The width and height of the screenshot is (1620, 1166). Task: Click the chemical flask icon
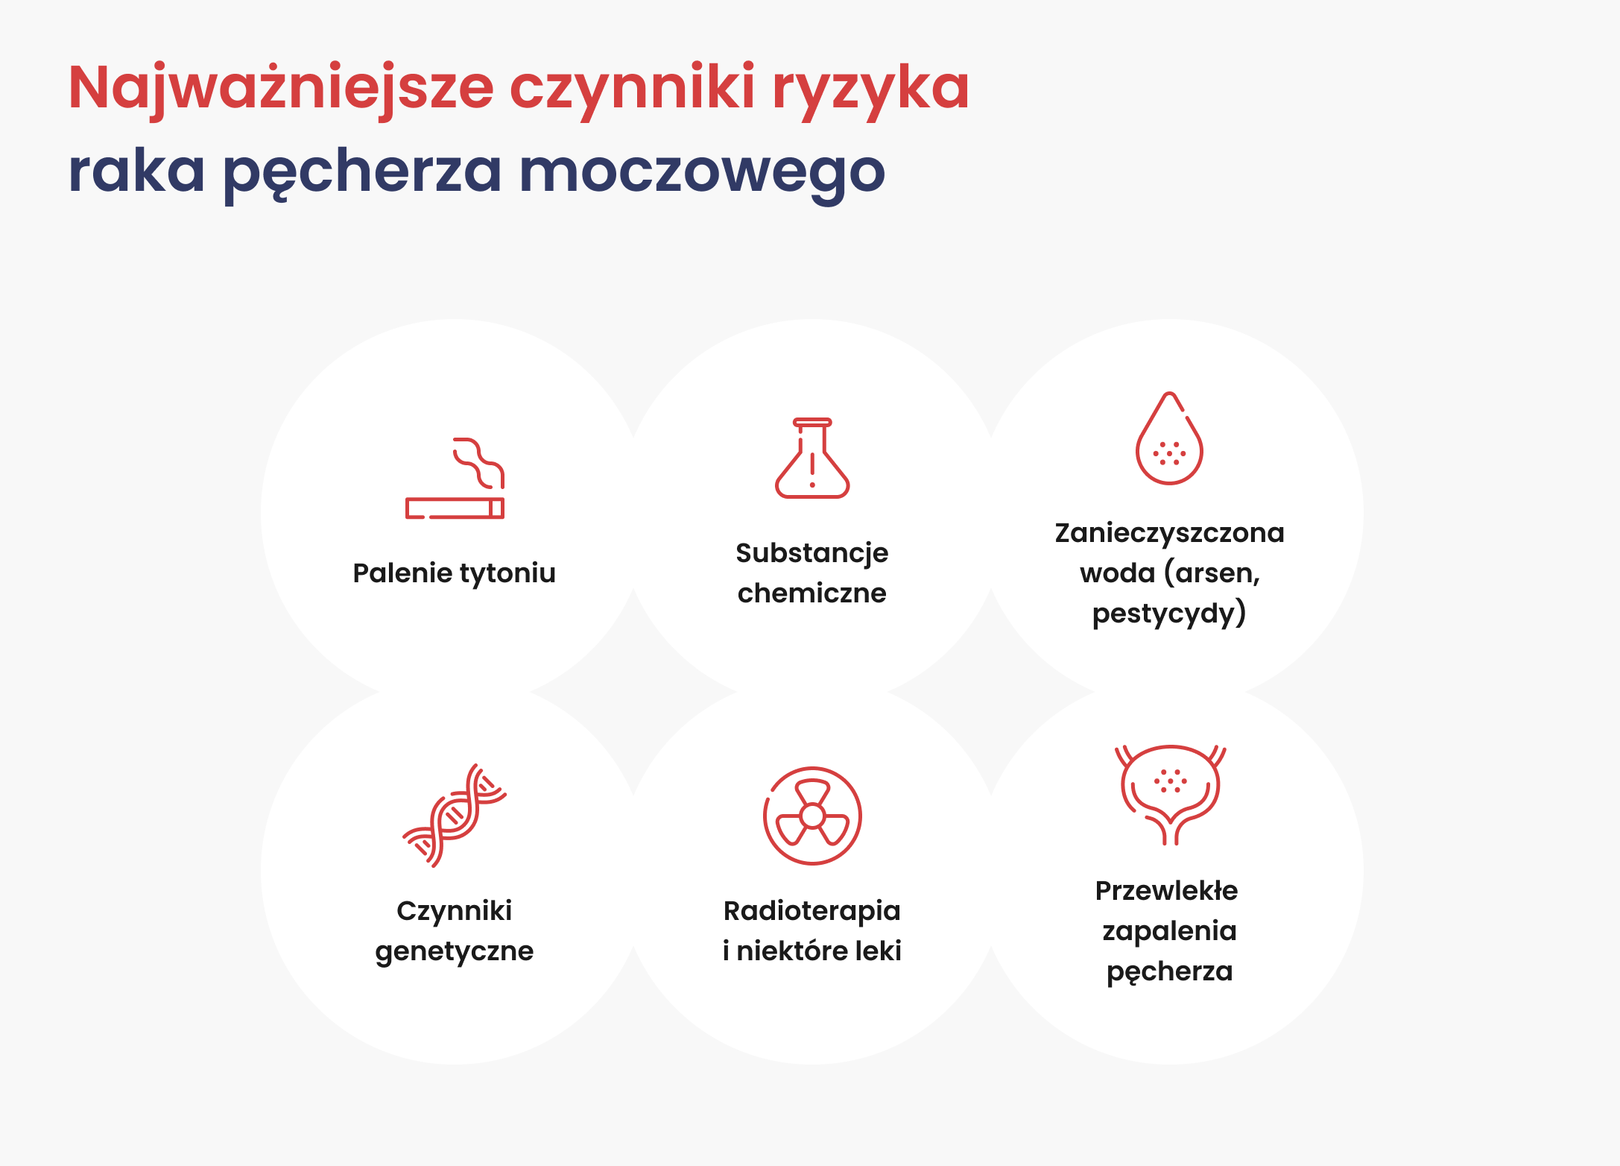(x=812, y=458)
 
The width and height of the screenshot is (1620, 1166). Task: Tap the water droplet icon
(x=1169, y=438)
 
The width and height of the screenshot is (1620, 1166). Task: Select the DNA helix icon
(x=455, y=815)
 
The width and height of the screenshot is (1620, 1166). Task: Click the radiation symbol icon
(x=812, y=816)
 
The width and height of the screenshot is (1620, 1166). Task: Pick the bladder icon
(x=1170, y=794)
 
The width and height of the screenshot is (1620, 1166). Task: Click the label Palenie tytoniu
(x=455, y=573)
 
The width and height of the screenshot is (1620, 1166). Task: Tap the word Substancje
(x=812, y=553)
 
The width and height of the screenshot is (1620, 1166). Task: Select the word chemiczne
(x=812, y=593)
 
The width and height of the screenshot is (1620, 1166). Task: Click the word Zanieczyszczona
(x=1170, y=533)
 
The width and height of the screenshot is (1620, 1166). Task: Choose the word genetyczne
(x=455, y=952)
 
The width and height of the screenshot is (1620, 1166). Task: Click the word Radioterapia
(x=812, y=911)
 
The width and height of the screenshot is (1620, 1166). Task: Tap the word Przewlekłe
(x=1167, y=891)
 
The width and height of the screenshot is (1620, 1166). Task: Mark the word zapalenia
(x=1170, y=932)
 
